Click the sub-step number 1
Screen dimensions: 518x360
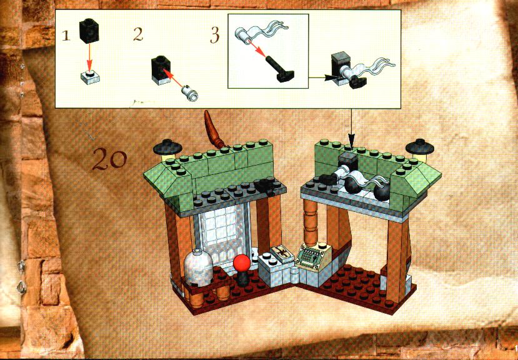(66, 36)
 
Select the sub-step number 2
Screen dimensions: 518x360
(138, 34)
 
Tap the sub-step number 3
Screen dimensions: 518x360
(215, 36)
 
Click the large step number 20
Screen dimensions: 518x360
(109, 159)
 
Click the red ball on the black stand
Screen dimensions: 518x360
(242, 263)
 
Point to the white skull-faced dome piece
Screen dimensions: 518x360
(198, 267)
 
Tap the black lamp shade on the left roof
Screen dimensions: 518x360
(168, 147)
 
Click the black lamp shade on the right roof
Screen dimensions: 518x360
(420, 146)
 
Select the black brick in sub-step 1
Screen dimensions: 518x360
(89, 31)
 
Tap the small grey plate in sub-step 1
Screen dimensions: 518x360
(90, 78)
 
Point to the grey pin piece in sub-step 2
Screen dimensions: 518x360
(189, 93)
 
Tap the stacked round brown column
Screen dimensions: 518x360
(311, 222)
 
